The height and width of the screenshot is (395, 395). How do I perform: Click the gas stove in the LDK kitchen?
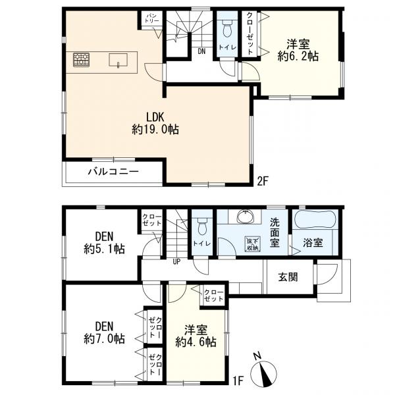pos(82,60)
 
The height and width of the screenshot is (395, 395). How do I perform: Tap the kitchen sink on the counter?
pos(118,60)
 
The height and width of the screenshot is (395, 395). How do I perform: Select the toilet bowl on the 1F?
pos(203,226)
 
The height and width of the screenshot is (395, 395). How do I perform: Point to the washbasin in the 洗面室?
pos(245,217)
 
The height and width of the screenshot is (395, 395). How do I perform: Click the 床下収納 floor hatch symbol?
pos(253,244)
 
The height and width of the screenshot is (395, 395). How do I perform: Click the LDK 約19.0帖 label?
pos(155,124)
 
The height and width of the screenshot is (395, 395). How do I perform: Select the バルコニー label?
pos(113,172)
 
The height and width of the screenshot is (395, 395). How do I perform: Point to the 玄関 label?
pos(288,277)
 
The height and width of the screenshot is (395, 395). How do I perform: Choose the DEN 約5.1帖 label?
pos(104,243)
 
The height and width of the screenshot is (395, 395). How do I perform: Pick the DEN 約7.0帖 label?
pos(104,332)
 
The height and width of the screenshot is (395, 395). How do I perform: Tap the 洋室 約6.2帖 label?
pos(298,50)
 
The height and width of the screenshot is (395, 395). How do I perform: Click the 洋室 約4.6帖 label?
pos(196,336)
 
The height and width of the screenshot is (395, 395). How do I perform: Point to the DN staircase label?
pos(201,51)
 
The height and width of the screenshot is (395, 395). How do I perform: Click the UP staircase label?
pos(176,262)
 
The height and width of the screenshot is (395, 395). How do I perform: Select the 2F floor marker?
pos(263,181)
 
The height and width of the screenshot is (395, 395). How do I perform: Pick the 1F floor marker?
pos(238,381)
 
